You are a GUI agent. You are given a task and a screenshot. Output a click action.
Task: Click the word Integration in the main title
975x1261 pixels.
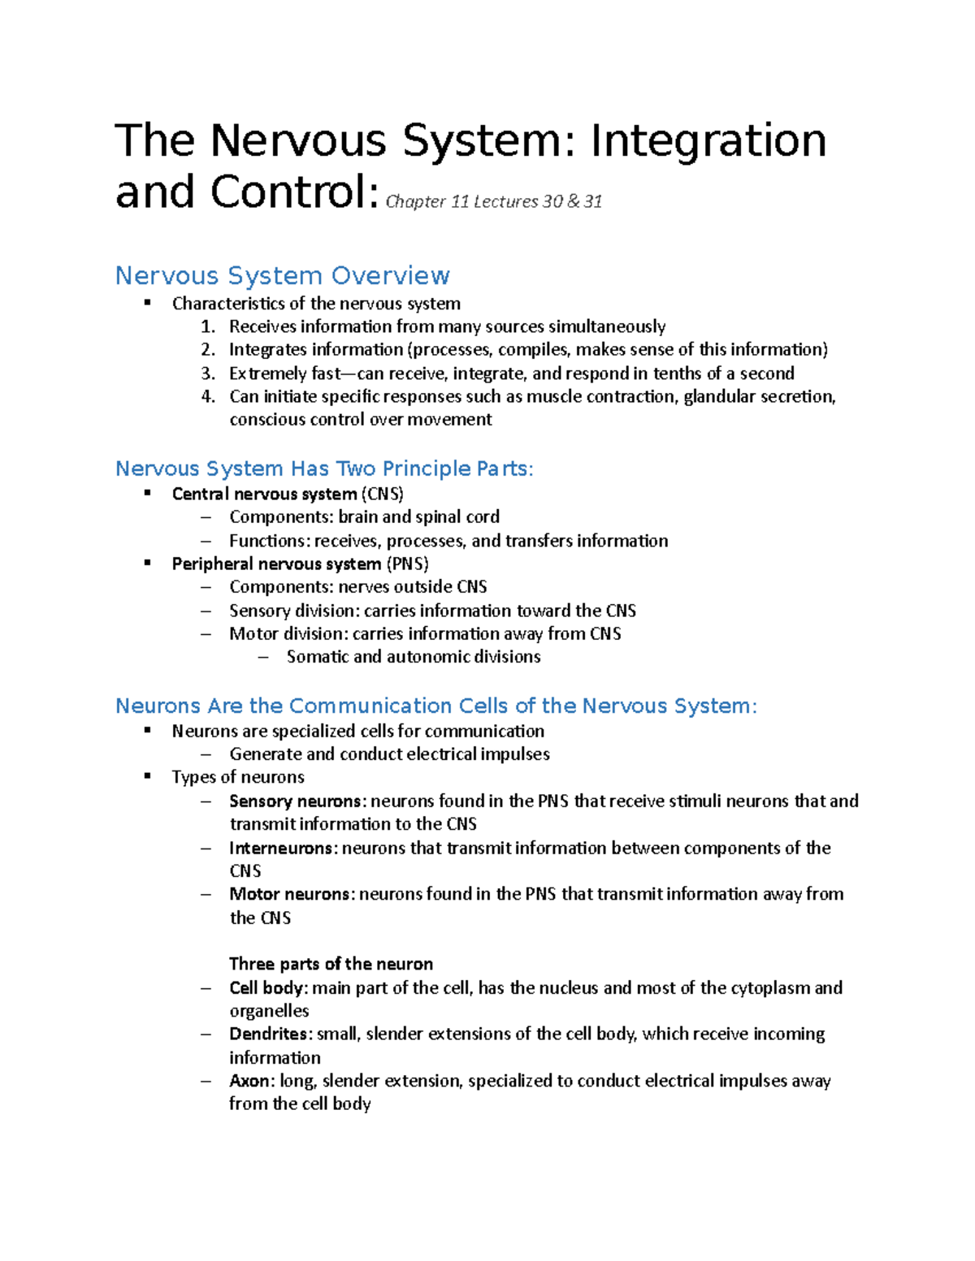coord(708,140)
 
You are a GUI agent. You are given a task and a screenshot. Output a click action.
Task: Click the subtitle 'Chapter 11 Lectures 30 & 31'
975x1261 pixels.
coord(493,201)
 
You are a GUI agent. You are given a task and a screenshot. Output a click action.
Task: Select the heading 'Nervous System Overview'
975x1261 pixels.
coord(282,275)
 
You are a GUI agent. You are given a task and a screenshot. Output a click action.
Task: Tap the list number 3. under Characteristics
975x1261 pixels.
coord(208,374)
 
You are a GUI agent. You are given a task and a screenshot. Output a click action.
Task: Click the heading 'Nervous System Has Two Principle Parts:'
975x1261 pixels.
coord(324,469)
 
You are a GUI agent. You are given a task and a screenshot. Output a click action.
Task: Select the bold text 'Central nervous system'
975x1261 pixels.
coord(264,494)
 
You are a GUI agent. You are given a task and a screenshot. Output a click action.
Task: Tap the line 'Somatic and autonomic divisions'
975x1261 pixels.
coord(413,656)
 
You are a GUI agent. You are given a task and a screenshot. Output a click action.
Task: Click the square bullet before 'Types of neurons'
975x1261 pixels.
coord(148,776)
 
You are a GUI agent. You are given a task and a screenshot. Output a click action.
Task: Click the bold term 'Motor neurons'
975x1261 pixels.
coord(291,894)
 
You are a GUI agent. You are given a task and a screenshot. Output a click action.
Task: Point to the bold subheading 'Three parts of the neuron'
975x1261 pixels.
coord(331,964)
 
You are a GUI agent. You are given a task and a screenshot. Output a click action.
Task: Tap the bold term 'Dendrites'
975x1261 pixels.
coord(269,1034)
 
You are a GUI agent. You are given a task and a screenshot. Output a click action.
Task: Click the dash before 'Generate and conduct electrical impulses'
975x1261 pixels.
coord(206,754)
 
